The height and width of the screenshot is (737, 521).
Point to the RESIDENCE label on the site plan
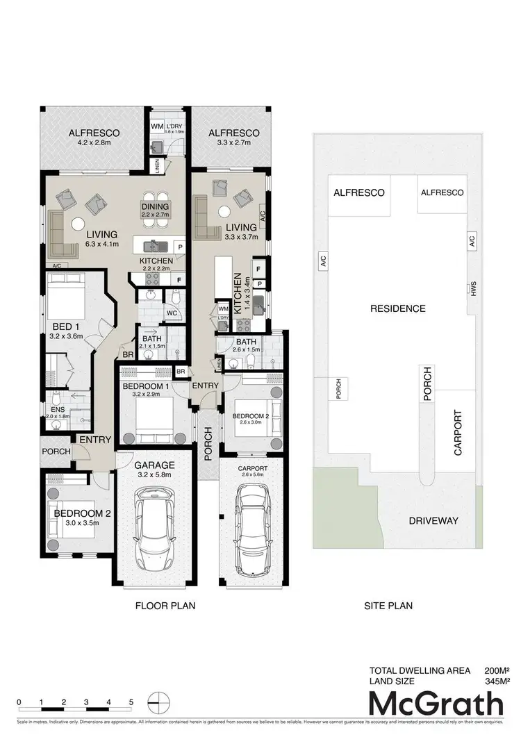coord(398,308)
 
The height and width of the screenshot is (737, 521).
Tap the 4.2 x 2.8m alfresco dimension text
coord(94,145)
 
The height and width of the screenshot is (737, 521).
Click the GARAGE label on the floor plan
coord(154,465)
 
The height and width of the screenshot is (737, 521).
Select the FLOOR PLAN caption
coord(165,606)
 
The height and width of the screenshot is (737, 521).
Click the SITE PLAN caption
coord(388,606)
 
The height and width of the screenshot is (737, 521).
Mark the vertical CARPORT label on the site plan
coord(457,432)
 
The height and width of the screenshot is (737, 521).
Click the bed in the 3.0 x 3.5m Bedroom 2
coord(67,517)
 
